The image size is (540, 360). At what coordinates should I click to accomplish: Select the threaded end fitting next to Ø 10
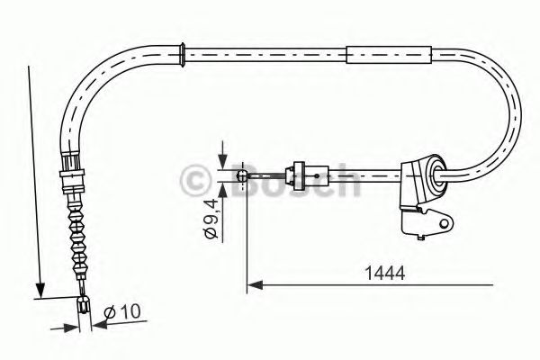coord(85,308)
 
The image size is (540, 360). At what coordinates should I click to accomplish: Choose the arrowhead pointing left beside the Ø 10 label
coord(96,323)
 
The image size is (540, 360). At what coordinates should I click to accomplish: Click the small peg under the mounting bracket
coord(420,237)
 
